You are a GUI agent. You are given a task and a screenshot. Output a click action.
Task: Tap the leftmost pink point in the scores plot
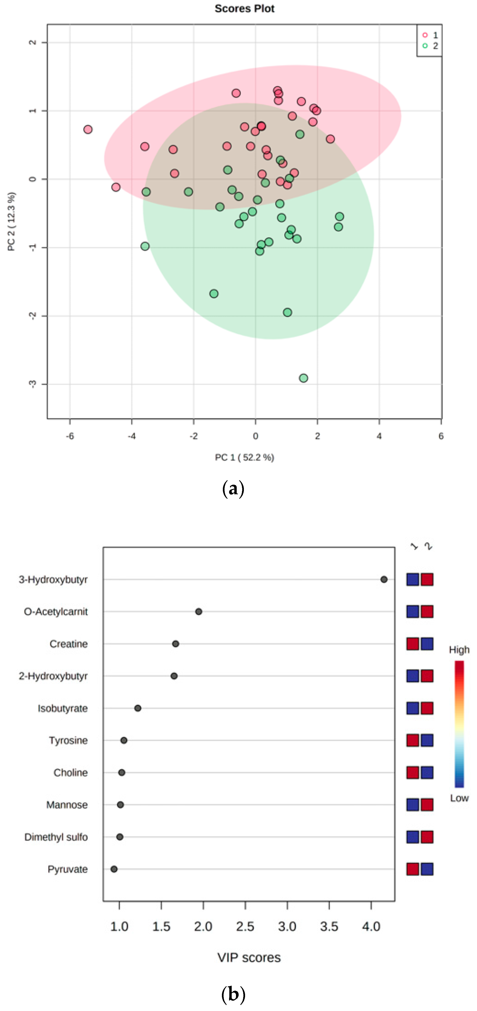point(88,130)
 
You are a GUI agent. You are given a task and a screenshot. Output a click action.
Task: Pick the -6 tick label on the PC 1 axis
point(70,436)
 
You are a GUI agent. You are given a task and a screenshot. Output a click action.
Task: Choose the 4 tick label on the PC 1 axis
point(379,436)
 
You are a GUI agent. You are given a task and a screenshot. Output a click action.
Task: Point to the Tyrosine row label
point(68,740)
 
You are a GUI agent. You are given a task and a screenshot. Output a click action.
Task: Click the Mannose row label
point(67,805)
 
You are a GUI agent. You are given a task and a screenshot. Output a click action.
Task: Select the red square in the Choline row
point(412,772)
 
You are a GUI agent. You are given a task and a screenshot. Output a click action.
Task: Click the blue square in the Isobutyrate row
point(412,708)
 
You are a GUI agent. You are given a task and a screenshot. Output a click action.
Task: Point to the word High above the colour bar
point(459,650)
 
